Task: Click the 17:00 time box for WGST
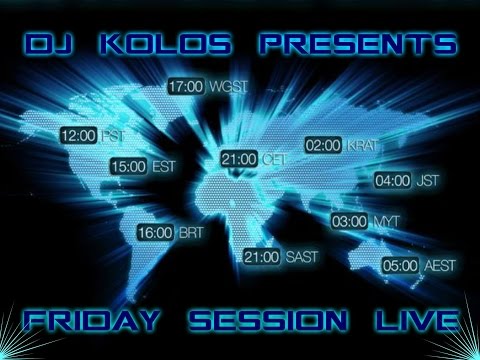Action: coord(186,86)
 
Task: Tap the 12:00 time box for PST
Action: coord(79,134)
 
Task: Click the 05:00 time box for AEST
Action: coord(399,266)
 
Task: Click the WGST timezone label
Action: coord(228,87)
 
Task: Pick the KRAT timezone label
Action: coord(362,147)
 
